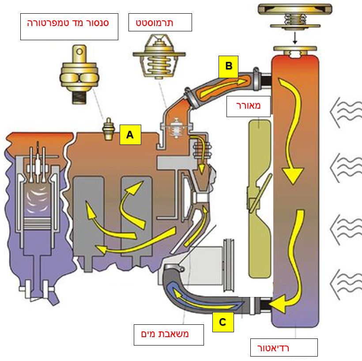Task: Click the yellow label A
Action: (130, 135)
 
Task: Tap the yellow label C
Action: (222, 322)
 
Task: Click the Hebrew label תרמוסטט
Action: (160, 22)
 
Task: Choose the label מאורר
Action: (248, 106)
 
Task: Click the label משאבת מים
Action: (169, 334)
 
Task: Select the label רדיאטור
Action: (283, 347)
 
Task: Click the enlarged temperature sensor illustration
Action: (78, 73)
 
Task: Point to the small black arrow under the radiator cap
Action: (295, 40)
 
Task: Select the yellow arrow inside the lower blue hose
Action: (207, 298)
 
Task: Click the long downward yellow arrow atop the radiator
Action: (289, 133)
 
